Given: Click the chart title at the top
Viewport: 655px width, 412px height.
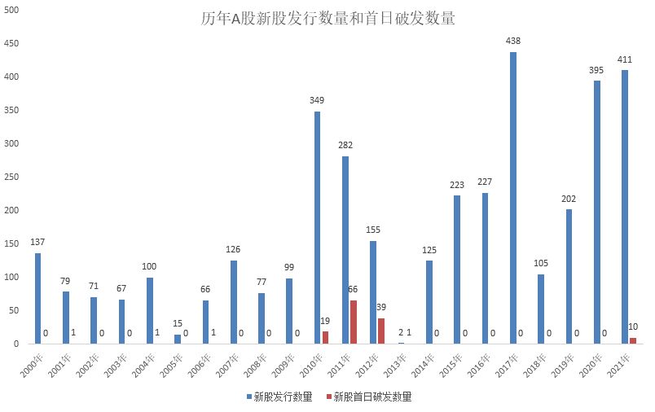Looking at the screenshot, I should pyautogui.click(x=327, y=18).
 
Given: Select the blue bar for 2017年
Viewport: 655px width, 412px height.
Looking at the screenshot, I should pyautogui.click(x=513, y=198).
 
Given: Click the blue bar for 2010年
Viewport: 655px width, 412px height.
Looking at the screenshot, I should pyautogui.click(x=318, y=228).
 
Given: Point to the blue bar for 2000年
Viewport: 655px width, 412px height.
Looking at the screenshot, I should pyautogui.click(x=37, y=299).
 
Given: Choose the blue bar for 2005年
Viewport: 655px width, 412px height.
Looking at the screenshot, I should pyautogui.click(x=178, y=340).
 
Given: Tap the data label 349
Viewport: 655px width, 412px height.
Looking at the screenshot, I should pyautogui.click(x=317, y=100).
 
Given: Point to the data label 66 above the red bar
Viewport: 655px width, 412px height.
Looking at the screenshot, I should pyautogui.click(x=354, y=290).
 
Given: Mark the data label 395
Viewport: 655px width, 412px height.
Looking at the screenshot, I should pyautogui.click(x=596, y=70).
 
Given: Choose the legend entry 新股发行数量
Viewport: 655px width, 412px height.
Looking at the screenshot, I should pyautogui.click(x=282, y=397).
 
